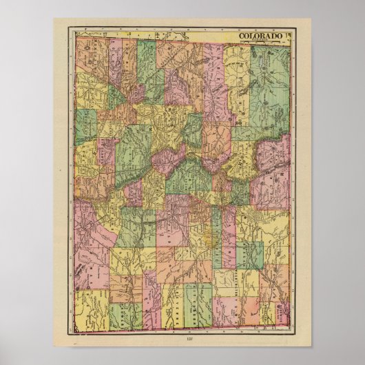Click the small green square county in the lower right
pyautogui.click(x=249, y=255)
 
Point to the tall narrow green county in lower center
pyautogui.click(x=216, y=238)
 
